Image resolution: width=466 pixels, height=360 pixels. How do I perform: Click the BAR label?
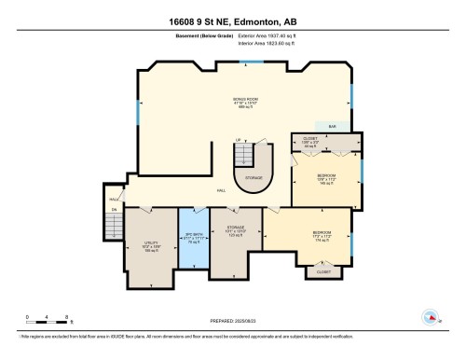[x=331, y=126]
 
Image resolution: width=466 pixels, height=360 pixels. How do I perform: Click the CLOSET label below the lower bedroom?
[x=323, y=272]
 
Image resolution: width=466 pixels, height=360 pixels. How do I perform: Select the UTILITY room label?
[x=150, y=245]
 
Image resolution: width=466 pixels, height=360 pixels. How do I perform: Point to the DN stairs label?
[x=115, y=210]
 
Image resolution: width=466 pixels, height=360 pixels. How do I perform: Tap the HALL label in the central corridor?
[x=222, y=190]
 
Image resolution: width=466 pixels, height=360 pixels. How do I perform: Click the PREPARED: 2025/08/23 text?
[x=232, y=318]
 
